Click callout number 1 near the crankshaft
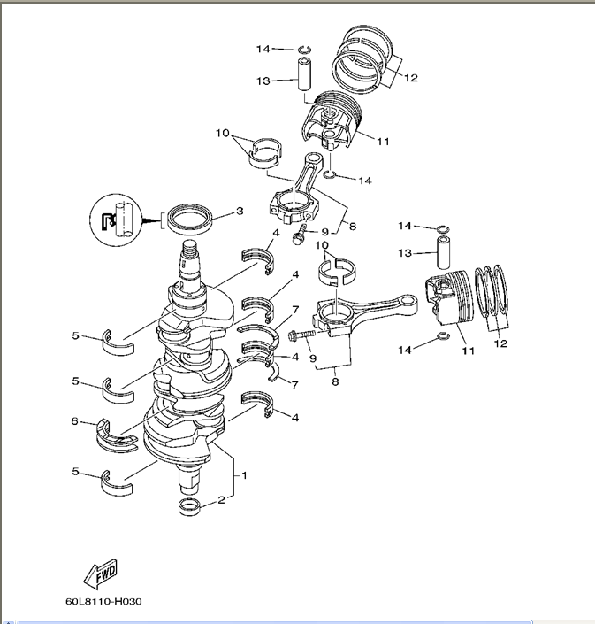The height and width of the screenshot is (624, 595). pyautogui.click(x=245, y=475)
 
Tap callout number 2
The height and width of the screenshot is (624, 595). pyautogui.click(x=220, y=499)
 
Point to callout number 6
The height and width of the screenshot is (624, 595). pyautogui.click(x=74, y=421)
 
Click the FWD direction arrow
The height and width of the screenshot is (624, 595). pyautogui.click(x=101, y=574)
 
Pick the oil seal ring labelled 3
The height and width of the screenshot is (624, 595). pyautogui.click(x=191, y=217)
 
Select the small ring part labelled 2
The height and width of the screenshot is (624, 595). pyautogui.click(x=191, y=506)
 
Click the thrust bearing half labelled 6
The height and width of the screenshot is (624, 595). pyautogui.click(x=114, y=434)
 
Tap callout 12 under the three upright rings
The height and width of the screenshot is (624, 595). pyautogui.click(x=502, y=343)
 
